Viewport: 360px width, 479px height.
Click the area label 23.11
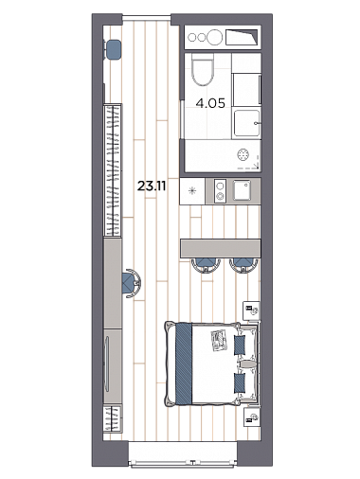coord(152,186)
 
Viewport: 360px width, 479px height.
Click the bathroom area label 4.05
coord(210,103)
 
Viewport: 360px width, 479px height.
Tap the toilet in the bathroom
coord(203,70)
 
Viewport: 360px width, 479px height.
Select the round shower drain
coord(243,154)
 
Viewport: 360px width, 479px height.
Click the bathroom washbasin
coord(246,123)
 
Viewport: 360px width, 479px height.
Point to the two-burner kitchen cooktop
coord(220,190)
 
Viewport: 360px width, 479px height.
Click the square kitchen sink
coord(242,190)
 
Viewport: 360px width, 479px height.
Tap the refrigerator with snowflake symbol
coord(192,191)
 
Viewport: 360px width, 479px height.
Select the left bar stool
coord(206,265)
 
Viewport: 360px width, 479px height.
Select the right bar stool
coord(243,265)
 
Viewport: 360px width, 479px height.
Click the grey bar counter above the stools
coord(221,248)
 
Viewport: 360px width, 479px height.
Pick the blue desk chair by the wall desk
coord(131,283)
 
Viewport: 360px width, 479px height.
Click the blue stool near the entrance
coord(113,49)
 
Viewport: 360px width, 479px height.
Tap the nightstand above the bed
coord(252,310)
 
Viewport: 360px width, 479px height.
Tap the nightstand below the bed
coord(252,417)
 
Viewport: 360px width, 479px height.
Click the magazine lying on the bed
coord(219,340)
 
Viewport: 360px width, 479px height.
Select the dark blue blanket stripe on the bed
coord(184,364)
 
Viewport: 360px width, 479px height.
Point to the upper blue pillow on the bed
coord(240,345)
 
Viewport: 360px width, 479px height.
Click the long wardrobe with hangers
coord(113,170)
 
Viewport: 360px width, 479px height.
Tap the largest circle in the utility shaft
coord(214,37)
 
